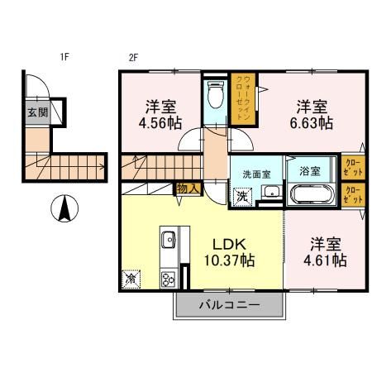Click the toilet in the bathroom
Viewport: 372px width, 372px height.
215,94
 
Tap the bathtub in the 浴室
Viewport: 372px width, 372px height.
311,194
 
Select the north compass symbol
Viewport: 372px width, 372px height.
64,208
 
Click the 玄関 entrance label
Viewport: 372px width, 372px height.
38,112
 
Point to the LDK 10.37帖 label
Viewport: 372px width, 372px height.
229,252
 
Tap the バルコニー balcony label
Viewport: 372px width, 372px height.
230,305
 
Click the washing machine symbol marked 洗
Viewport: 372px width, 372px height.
243,197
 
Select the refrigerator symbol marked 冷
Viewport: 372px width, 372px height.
131,279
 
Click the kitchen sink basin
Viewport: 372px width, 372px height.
169,240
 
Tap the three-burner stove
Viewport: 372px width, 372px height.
169,280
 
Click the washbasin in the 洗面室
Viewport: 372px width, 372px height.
272,192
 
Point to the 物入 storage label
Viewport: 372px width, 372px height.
188,188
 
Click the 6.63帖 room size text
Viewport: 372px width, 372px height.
311,123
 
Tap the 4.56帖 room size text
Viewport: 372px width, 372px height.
160,123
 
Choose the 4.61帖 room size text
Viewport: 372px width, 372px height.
325,260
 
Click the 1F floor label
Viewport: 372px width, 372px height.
64,57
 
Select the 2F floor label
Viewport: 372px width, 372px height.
133,58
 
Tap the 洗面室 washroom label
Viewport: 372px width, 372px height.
256,174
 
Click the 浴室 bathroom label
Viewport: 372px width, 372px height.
310,171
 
